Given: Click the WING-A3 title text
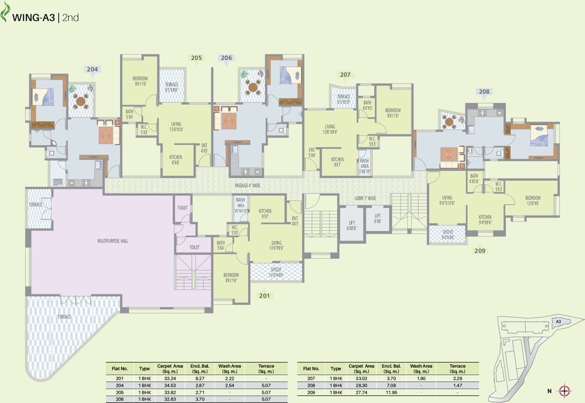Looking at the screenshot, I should click(34, 17).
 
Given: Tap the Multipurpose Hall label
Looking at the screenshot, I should click(113, 241).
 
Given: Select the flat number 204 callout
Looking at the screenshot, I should click(92, 69).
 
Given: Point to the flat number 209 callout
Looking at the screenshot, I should click(480, 251).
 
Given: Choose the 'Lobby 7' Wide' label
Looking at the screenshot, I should click(365, 198).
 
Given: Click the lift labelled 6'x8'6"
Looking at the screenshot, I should click(351, 225).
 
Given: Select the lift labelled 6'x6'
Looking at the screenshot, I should click(378, 218).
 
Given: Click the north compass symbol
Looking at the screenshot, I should click(565, 390).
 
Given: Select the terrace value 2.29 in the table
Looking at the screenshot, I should click(458, 378).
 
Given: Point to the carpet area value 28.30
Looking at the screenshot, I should click(361, 385).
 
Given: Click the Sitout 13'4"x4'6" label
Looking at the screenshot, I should click(276, 272).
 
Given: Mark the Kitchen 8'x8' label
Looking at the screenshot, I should click(175, 160).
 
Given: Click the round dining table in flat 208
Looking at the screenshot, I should click(449, 122).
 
